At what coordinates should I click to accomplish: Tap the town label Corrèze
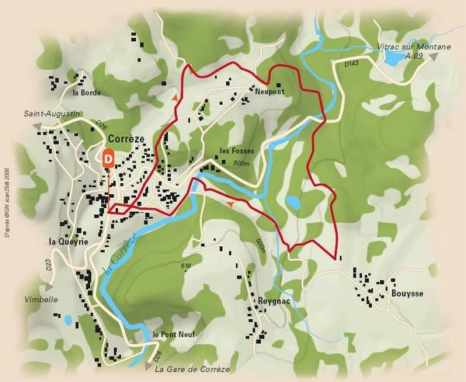(128, 138)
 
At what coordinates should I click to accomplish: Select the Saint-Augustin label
(52, 113)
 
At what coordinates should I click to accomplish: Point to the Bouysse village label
(406, 294)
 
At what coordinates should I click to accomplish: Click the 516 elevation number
(186, 266)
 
